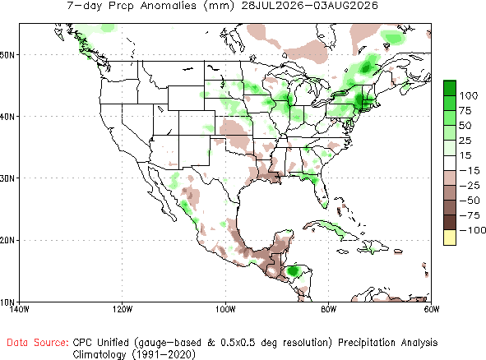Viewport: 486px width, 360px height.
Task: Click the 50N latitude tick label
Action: coord(7,55)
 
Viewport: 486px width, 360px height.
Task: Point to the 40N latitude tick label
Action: coord(7,117)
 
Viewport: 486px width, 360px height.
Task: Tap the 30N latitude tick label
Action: coord(7,178)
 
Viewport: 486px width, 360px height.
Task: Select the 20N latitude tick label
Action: coord(7,241)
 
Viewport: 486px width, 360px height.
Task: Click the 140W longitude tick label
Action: coord(20,309)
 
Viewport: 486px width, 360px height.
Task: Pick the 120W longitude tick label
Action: coord(123,309)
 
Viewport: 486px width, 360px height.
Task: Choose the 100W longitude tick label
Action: coord(225,309)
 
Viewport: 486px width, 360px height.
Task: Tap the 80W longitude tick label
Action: coord(329,309)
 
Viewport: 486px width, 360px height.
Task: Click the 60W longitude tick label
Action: coord(432,309)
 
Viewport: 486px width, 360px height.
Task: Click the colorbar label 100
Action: coord(469,95)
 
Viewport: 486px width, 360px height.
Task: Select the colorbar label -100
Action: coord(473,230)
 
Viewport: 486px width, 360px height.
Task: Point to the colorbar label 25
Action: coord(465,141)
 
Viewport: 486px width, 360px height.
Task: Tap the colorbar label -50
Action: coord(470,201)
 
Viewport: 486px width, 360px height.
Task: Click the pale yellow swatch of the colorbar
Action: coord(450,238)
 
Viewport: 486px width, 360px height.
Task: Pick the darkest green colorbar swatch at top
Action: coord(450,88)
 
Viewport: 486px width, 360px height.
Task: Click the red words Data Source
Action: coord(38,343)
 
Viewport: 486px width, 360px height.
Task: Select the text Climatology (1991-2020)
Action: coord(134,354)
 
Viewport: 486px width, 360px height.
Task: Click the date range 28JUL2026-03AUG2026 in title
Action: coord(309,5)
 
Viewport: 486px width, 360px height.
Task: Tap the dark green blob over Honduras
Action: coord(293,271)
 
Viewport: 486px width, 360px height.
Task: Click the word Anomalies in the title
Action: coord(169,5)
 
